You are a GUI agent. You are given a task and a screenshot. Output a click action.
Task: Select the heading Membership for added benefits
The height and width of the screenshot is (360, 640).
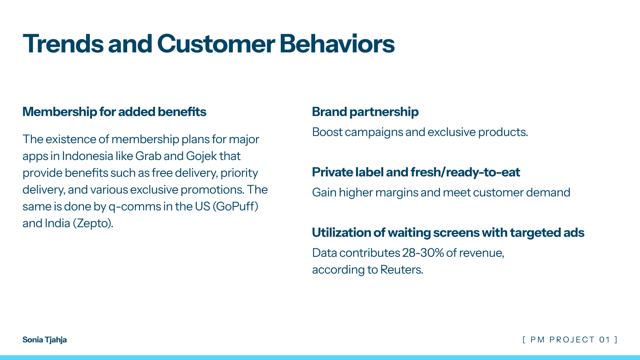point(114,112)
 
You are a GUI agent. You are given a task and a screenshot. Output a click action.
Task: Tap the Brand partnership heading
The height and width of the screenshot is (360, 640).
point(365,112)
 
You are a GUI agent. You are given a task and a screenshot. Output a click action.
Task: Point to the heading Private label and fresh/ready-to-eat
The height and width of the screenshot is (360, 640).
point(416,172)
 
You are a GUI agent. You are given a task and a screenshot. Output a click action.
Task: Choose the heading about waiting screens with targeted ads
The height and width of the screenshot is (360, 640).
point(448,232)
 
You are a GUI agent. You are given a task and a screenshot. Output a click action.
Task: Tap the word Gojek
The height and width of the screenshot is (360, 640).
point(201,156)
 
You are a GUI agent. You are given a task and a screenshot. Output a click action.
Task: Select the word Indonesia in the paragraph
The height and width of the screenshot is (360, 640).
point(87,156)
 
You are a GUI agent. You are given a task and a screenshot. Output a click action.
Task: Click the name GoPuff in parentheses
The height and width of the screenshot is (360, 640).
point(235,206)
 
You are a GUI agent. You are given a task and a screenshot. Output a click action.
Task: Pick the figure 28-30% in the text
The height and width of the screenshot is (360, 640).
point(423,253)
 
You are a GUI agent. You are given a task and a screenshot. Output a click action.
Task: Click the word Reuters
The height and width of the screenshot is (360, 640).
point(401,270)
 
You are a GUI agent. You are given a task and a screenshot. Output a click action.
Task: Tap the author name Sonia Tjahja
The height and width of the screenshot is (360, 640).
point(44,340)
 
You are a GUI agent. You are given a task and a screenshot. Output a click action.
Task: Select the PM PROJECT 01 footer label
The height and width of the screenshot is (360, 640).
point(570,340)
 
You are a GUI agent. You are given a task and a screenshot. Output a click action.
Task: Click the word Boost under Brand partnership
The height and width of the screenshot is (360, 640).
point(327,132)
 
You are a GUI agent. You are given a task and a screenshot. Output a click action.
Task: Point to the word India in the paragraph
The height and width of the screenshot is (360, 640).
point(57,223)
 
